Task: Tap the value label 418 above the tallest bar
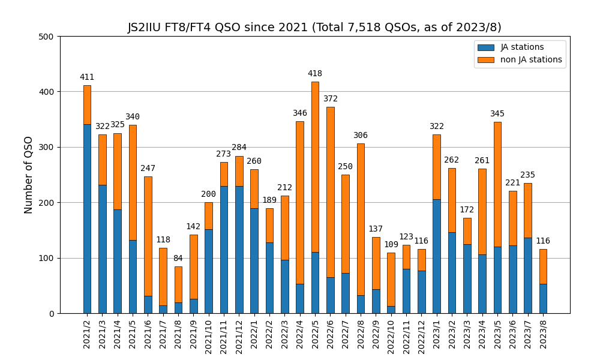[315, 74]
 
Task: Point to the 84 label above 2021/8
[178, 259]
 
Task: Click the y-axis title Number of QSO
[29, 175]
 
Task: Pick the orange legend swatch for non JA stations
[486, 60]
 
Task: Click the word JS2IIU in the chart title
[148, 28]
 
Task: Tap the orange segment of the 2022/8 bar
[361, 219]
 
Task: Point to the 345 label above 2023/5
[497, 114]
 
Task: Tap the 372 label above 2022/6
[331, 99]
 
